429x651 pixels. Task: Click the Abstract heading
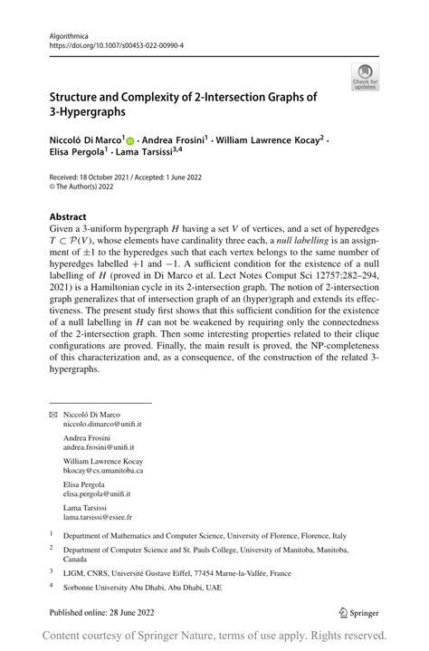[x=70, y=217]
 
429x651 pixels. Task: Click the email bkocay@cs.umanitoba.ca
[x=103, y=471]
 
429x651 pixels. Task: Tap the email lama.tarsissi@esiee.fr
[x=97, y=518]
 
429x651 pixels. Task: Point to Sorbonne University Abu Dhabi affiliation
[x=123, y=587]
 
